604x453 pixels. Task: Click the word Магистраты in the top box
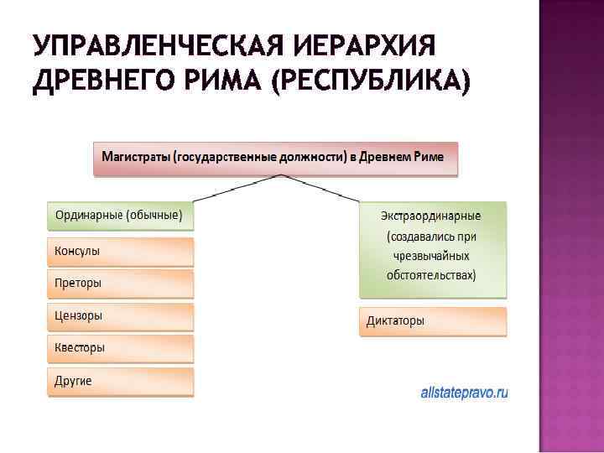point(135,157)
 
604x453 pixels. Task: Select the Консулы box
point(120,251)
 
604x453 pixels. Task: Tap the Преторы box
point(120,284)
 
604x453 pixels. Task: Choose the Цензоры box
point(120,316)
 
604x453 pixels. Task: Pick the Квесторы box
point(120,348)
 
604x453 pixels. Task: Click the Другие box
point(120,381)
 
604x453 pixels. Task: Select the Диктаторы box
point(433,320)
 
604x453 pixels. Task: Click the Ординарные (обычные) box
point(120,215)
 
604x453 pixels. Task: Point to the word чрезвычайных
point(433,256)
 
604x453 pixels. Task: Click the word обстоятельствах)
point(432,275)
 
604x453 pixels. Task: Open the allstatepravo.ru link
point(465,392)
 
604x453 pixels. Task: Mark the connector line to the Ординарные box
point(237,189)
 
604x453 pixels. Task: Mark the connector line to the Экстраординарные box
point(323,189)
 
